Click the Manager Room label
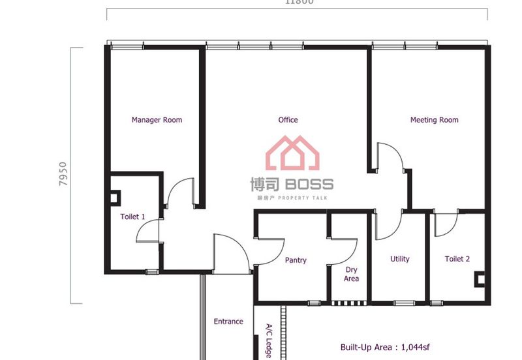157,120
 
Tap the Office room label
288,120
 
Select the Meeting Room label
434,120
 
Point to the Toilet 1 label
132,217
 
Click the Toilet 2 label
457,259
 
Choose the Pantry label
296,260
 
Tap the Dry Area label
351,274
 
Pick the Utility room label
400,259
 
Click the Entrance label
228,322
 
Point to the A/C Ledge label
268,340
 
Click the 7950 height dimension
63,175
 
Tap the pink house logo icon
292,155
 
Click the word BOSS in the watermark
309,185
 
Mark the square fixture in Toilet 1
115,196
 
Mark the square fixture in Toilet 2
480,280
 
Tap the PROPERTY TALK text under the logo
303,198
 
